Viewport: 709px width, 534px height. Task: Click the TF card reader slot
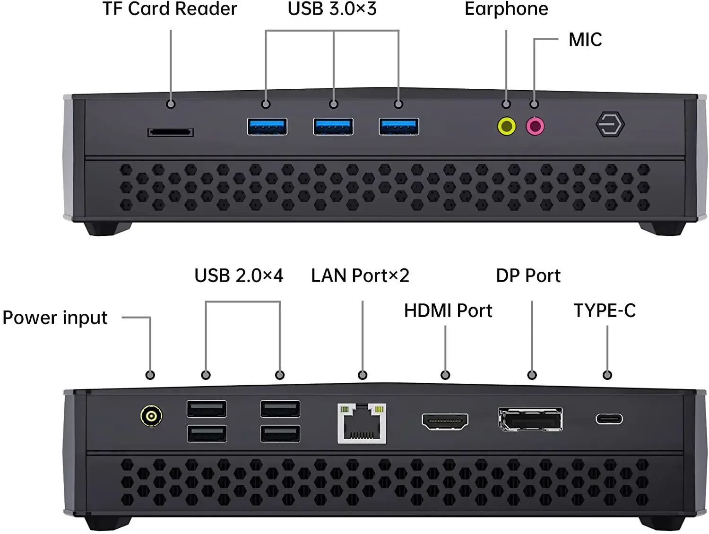tap(170, 132)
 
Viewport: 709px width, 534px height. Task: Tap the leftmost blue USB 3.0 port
tap(267, 127)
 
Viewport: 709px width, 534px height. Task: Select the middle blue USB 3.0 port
tap(333, 127)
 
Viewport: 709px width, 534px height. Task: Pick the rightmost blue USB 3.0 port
tap(399, 127)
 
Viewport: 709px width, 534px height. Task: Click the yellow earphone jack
tap(507, 126)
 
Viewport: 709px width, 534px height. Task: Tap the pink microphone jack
tap(535, 126)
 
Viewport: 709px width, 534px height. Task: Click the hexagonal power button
tap(610, 125)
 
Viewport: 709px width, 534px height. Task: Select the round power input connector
tap(151, 416)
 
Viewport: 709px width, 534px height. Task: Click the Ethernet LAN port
tap(362, 423)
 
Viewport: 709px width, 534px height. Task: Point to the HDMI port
tap(445, 421)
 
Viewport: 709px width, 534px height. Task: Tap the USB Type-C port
tap(609, 419)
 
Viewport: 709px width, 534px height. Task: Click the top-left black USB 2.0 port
tap(207, 409)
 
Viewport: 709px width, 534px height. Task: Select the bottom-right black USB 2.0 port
tap(280, 433)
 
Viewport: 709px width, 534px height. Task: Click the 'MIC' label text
tap(585, 40)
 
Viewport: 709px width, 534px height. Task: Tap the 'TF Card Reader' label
tap(170, 9)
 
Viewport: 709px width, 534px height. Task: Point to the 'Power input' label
tap(55, 318)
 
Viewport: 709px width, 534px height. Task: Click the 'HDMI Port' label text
tap(448, 310)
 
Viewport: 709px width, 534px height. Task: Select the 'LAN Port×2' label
tap(360, 276)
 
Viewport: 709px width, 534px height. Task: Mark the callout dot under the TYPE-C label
tap(607, 375)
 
